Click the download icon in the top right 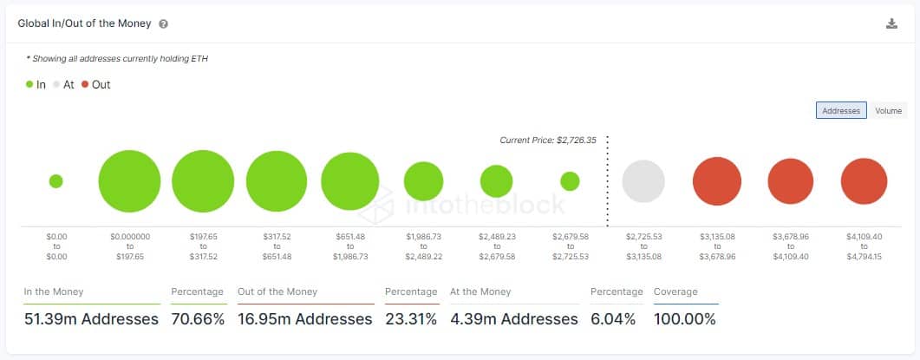click(x=891, y=24)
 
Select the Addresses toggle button click(x=840, y=111)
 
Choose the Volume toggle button click(x=888, y=111)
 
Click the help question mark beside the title click(x=164, y=24)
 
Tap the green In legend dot click(x=29, y=85)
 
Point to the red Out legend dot click(x=85, y=85)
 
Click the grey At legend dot click(x=57, y=85)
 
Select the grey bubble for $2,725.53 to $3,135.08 click(x=643, y=181)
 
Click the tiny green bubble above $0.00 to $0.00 click(x=56, y=181)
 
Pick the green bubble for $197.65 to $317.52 click(x=203, y=181)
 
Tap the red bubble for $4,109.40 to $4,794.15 click(x=864, y=181)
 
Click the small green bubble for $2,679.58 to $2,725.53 click(x=570, y=181)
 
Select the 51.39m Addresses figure click(x=91, y=319)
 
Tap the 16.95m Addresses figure click(x=304, y=319)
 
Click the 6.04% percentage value click(x=613, y=319)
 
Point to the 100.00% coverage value click(x=685, y=319)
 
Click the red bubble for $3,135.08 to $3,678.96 click(x=717, y=181)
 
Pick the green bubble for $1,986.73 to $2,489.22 click(x=423, y=181)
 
